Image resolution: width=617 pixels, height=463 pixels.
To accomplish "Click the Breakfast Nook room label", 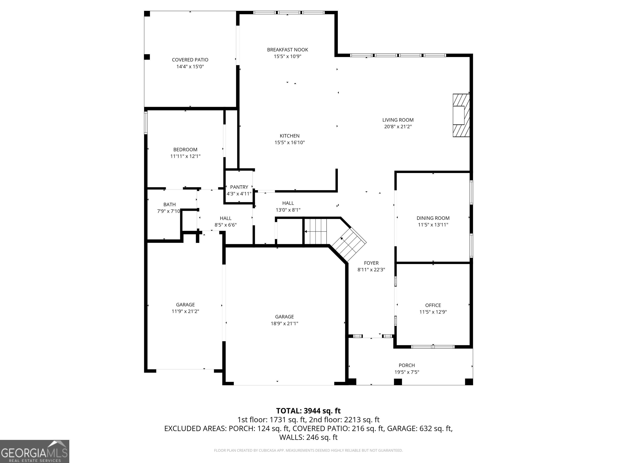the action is [x=288, y=50].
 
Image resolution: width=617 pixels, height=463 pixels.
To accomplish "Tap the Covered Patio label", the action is [x=190, y=60].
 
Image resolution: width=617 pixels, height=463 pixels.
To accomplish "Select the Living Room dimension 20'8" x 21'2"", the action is [x=398, y=126].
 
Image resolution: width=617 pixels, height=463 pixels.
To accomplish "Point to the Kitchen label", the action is [x=290, y=136].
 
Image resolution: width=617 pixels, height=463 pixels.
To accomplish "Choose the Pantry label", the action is [x=239, y=187].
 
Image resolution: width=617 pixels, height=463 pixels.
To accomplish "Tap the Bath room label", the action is [x=170, y=205].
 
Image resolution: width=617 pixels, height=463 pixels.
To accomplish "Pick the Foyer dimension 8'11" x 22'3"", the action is [x=371, y=270].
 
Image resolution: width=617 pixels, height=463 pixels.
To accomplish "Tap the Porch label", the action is [x=407, y=365].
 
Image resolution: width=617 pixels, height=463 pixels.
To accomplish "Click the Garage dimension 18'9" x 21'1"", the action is [x=285, y=324].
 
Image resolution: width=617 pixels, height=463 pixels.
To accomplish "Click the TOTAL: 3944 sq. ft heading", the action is [x=308, y=411].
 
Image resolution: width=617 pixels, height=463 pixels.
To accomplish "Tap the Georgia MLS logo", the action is [x=35, y=452].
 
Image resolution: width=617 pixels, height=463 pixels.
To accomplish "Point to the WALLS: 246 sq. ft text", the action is [x=308, y=437].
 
